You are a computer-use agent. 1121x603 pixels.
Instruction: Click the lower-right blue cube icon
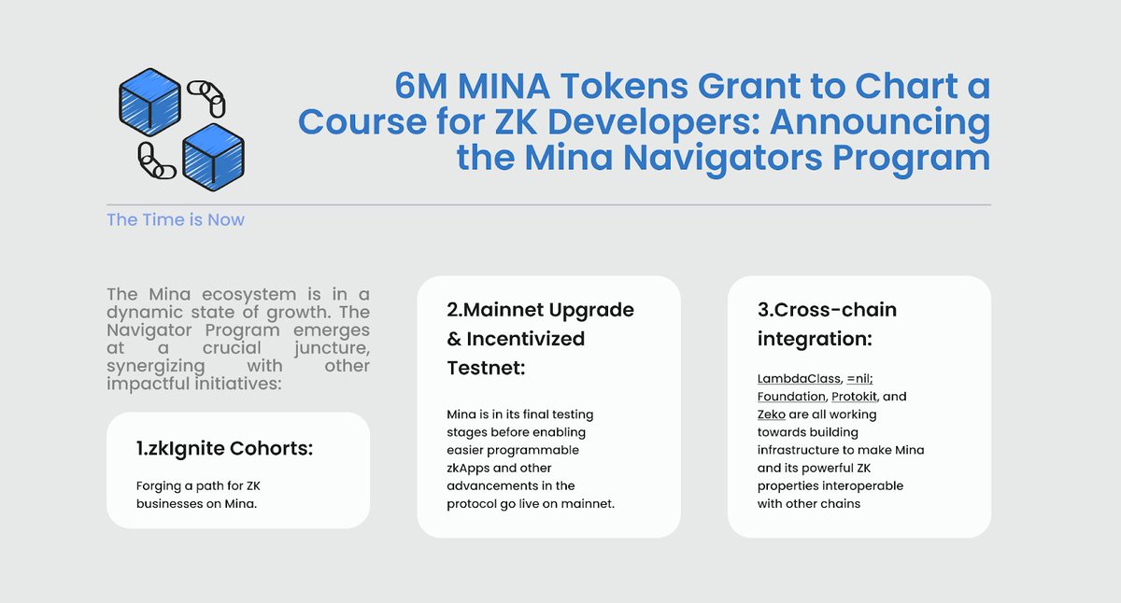pyautogui.click(x=214, y=156)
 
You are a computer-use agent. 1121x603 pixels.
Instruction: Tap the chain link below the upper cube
pyautogui.click(x=156, y=161)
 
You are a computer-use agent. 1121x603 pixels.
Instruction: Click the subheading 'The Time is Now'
pyautogui.click(x=176, y=220)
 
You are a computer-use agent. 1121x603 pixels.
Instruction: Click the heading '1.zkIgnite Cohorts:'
pyautogui.click(x=224, y=449)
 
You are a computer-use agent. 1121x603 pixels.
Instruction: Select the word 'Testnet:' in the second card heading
pyautogui.click(x=486, y=368)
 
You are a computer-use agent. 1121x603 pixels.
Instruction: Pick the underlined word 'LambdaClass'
pyautogui.click(x=797, y=379)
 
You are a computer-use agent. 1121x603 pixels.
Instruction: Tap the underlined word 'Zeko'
pyautogui.click(x=772, y=414)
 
